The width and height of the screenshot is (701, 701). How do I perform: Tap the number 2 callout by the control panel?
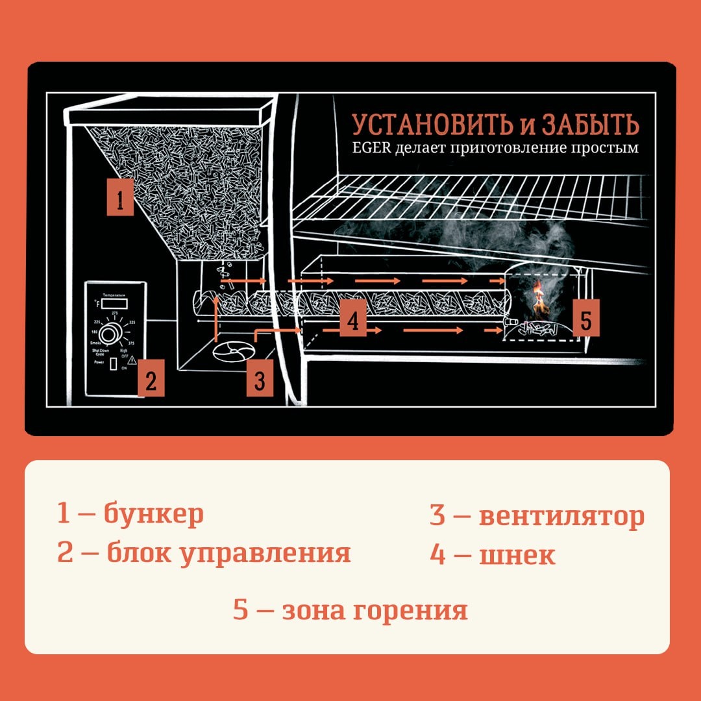[x=150, y=379]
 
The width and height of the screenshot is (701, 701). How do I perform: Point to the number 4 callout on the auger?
[x=352, y=321]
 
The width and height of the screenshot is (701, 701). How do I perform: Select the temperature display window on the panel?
[x=114, y=303]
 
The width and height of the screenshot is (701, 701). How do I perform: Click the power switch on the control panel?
[x=113, y=364]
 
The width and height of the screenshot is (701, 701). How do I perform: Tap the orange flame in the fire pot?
[x=538, y=297]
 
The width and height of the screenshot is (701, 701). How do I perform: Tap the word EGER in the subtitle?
[x=372, y=148]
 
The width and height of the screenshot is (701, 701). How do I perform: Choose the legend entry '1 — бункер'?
[x=130, y=513]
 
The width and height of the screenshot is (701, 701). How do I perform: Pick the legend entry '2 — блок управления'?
[x=204, y=553]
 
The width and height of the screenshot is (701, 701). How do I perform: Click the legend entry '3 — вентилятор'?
[x=537, y=516]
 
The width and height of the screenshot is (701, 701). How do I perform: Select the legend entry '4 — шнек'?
[x=492, y=555]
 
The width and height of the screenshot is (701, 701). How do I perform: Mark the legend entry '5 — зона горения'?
[x=350, y=611]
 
